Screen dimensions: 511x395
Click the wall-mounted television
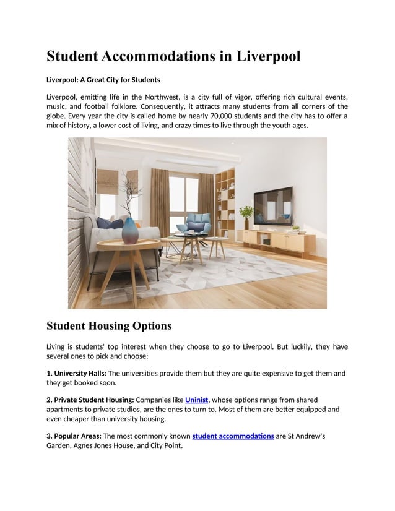point(272,205)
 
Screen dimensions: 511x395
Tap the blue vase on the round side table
point(131,230)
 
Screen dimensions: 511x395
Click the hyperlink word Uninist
point(197,400)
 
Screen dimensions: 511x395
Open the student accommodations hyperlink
point(233,436)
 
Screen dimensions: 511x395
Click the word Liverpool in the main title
point(268,56)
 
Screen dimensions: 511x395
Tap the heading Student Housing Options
point(109,325)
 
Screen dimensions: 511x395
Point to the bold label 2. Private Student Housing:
point(90,400)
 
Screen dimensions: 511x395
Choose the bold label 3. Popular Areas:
point(74,436)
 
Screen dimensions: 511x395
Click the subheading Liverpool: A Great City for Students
point(103,80)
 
